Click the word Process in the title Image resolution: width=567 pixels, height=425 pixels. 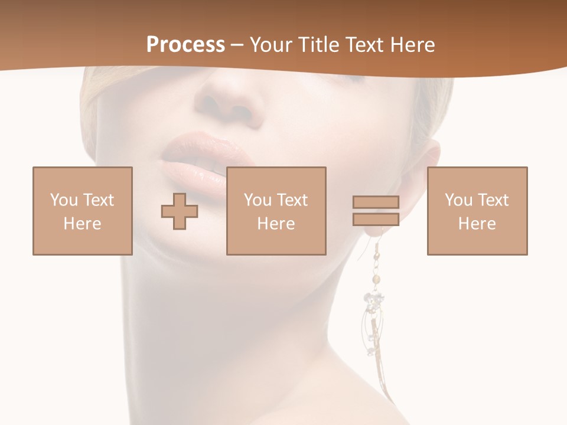pos(185,45)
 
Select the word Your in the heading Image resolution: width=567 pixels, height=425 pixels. pos(272,45)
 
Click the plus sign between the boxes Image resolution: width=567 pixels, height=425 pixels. pos(180,211)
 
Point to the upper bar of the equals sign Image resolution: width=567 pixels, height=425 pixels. pos(376,202)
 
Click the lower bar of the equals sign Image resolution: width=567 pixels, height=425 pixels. pos(376,219)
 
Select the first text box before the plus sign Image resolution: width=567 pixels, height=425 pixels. pos(83,211)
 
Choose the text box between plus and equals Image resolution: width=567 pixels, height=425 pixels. pos(276,211)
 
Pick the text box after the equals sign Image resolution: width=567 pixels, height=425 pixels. pos(477,211)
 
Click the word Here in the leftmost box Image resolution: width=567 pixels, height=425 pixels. pos(83,224)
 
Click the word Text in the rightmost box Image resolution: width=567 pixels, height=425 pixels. pos(492,200)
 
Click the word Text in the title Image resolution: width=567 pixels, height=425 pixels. pos(362,45)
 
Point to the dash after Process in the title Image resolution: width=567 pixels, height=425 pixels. pos(237,45)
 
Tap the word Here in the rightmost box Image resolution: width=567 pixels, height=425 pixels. pos(477,224)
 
